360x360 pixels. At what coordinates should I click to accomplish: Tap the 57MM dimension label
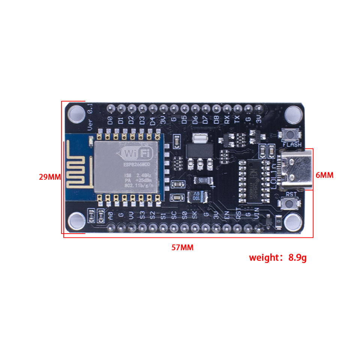click(x=183, y=247)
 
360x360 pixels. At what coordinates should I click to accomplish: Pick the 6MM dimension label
click(x=324, y=175)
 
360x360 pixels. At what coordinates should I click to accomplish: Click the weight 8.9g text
click(x=278, y=258)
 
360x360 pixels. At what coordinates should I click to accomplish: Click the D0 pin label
click(x=110, y=120)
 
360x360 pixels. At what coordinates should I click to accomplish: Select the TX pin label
click(x=237, y=120)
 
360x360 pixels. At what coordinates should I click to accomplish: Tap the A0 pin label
click(x=110, y=216)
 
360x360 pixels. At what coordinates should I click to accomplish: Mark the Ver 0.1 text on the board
click(x=90, y=118)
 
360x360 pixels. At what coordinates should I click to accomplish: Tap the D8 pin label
click(x=216, y=120)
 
